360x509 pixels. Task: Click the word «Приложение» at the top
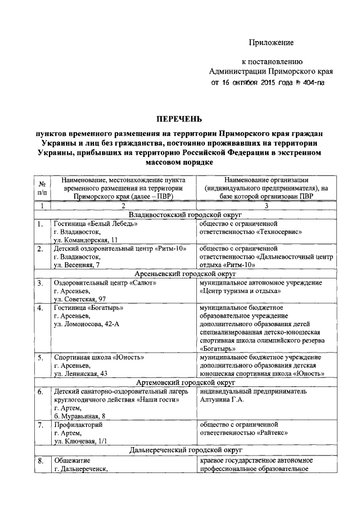[x=272, y=42]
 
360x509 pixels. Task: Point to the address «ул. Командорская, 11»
[x=86, y=240]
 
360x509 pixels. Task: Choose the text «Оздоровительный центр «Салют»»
[x=105, y=282]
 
